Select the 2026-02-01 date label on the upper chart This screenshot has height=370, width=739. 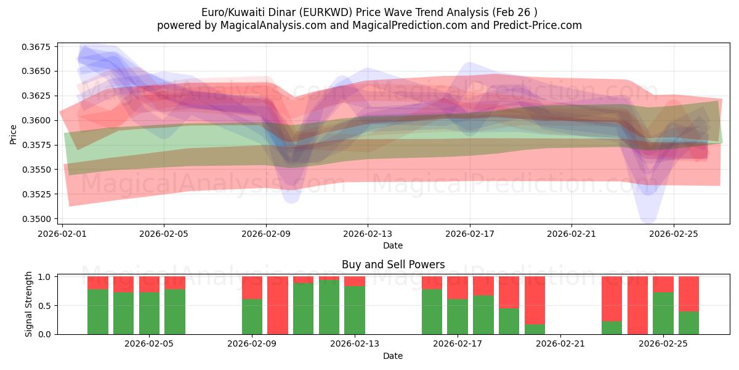[62, 234]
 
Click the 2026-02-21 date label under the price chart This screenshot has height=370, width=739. [571, 234]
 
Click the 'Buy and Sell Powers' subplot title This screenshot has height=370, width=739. [393, 265]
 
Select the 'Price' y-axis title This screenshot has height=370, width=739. [14, 134]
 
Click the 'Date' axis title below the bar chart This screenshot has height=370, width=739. [393, 356]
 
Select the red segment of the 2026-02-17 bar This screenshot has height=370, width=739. [458, 287]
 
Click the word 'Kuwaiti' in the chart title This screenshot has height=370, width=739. [256, 12]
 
